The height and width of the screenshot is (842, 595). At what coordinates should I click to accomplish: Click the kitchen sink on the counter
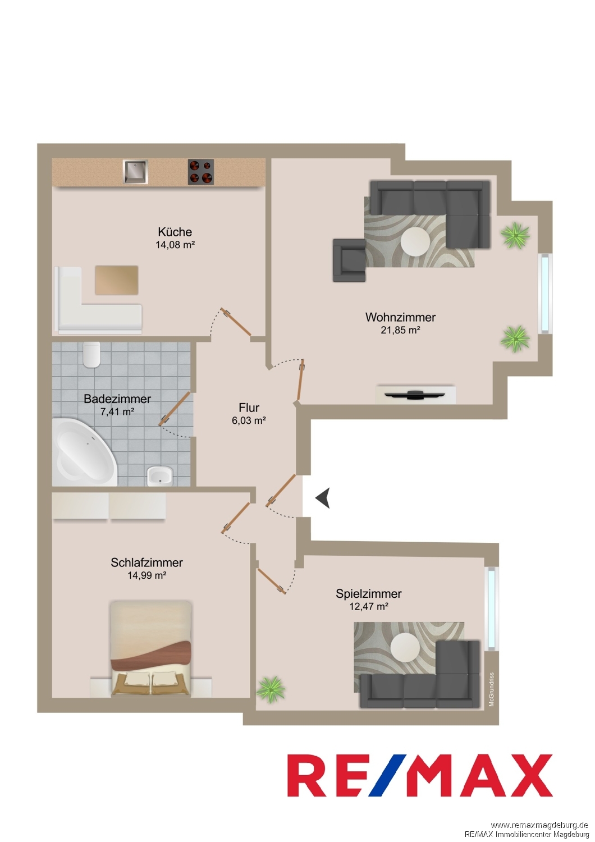135,172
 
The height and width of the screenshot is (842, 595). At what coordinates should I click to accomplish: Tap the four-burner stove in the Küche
201,172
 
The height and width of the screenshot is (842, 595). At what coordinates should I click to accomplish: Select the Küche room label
175,231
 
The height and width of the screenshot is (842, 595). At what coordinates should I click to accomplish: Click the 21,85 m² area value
400,331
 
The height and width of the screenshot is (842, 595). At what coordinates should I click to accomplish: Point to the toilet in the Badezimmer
91,354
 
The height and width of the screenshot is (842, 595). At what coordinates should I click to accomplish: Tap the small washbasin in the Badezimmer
160,477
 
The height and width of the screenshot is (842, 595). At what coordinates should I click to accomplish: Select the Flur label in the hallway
249,408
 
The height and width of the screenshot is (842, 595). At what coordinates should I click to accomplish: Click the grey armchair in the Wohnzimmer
349,260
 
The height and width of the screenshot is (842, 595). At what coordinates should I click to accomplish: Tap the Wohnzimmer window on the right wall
546,293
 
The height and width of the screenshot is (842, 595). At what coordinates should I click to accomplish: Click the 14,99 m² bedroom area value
147,575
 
